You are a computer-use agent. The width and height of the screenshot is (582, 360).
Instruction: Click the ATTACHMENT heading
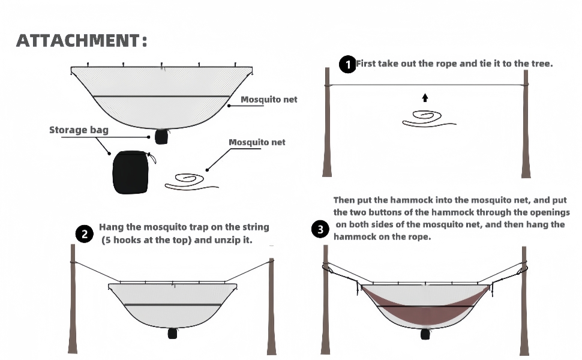82,41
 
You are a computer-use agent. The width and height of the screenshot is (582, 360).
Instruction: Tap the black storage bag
130,173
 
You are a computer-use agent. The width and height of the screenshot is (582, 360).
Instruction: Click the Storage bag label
79,130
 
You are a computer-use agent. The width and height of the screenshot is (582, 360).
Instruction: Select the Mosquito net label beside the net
269,100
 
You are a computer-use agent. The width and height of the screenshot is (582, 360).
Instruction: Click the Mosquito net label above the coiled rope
257,142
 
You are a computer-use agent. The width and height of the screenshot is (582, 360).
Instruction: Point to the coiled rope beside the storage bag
190,181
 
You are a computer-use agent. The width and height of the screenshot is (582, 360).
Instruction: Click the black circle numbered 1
347,64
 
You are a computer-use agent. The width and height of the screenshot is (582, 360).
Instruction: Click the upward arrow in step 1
425,97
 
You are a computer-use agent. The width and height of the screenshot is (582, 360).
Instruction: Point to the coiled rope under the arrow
427,118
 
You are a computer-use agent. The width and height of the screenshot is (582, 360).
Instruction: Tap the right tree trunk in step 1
526,123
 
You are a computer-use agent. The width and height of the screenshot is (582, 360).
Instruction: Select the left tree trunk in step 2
71,300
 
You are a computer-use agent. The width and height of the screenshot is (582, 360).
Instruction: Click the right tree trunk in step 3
524,300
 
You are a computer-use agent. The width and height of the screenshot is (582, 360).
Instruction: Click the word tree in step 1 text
541,64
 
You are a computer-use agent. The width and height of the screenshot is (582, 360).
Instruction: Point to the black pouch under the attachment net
161,137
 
